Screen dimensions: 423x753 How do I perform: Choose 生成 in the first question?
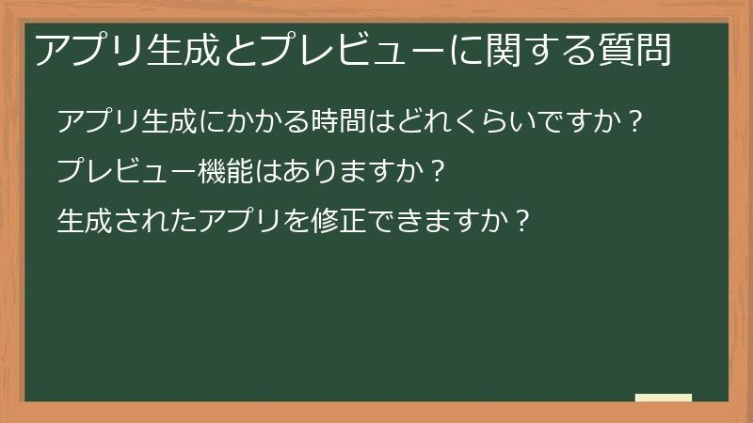[x=169, y=122]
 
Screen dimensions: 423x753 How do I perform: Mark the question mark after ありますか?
[x=435, y=172]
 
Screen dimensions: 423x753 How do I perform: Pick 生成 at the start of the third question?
[x=85, y=222]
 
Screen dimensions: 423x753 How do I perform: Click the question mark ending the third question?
[x=523, y=222]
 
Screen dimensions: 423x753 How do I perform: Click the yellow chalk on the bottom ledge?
[x=663, y=398]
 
